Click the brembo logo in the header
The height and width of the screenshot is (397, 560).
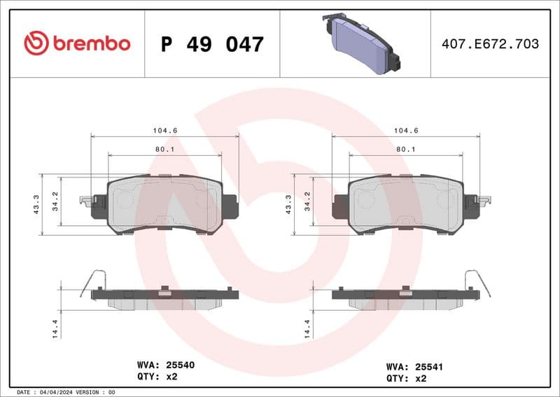pyautogui.click(x=77, y=43)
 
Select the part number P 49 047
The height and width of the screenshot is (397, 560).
pyautogui.click(x=212, y=44)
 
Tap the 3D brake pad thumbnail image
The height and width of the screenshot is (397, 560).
pyautogui.click(x=360, y=43)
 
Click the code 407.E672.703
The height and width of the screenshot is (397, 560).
pyautogui.click(x=490, y=44)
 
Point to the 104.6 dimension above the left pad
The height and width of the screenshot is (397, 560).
pyautogui.click(x=164, y=130)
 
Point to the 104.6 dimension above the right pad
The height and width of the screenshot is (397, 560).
pyautogui.click(x=405, y=130)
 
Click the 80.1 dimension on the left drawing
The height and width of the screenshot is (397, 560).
pyautogui.click(x=164, y=149)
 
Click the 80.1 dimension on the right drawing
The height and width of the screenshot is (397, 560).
pyautogui.click(x=405, y=149)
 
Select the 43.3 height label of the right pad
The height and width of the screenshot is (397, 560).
pyautogui.click(x=288, y=204)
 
